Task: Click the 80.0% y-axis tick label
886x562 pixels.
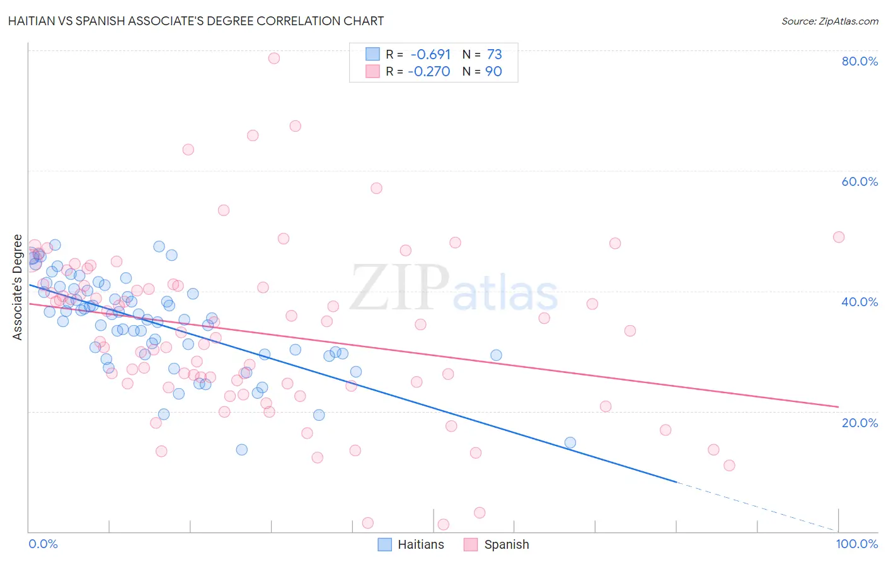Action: pos(860,61)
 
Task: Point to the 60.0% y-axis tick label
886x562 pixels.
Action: pos(860,181)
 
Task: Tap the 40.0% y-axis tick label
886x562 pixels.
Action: pos(860,302)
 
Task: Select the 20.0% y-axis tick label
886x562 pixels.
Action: pos(860,422)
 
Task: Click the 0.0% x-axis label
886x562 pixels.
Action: pos(43,544)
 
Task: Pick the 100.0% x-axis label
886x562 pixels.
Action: pos(856,544)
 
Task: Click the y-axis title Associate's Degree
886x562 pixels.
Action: pos(18,287)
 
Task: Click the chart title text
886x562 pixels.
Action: pos(196,21)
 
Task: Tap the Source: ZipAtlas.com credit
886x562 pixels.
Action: pos(829,21)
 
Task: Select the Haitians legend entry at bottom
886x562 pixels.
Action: pos(411,544)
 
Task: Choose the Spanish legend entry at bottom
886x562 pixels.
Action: pos(497,544)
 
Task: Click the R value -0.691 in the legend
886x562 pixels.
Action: pos(430,55)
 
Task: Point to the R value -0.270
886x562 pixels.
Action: pos(429,71)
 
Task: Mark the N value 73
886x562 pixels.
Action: pos(494,55)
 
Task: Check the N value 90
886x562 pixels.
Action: pos(493,71)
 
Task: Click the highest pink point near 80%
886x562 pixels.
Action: pos(273,58)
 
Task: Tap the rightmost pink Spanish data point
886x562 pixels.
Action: pos(838,237)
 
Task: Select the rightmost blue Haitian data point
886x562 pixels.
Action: pos(570,442)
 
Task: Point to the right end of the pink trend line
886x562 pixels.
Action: pos(838,406)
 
